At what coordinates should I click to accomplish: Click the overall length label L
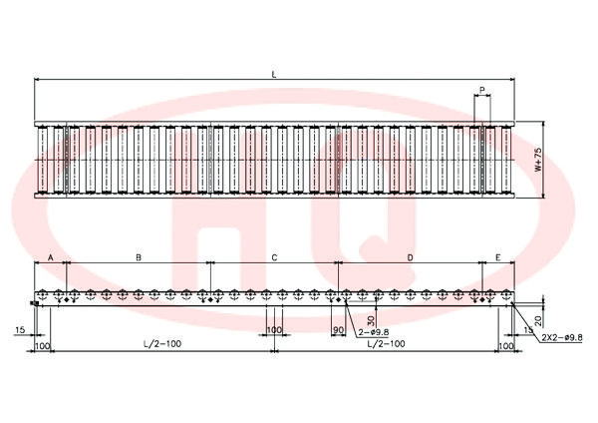click(x=274, y=75)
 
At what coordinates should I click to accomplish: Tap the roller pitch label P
click(x=482, y=90)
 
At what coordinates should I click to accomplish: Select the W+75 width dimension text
click(x=538, y=160)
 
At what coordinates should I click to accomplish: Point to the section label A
click(x=51, y=257)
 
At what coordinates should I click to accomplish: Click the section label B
click(x=139, y=257)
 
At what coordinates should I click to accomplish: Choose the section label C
click(x=274, y=257)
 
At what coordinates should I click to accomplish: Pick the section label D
click(x=410, y=257)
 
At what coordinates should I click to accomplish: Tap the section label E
click(x=497, y=257)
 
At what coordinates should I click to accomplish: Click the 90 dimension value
click(x=338, y=330)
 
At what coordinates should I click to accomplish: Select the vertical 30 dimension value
click(x=371, y=319)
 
